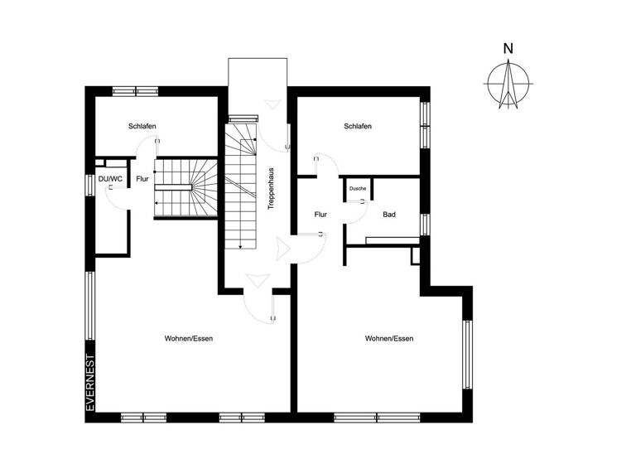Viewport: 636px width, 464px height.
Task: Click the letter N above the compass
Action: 507,48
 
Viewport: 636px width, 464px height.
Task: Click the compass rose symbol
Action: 507,85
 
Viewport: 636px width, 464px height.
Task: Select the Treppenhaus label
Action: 271,188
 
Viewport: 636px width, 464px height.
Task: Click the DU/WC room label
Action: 110,178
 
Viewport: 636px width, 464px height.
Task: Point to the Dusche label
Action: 358,189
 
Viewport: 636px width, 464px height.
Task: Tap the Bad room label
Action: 389,215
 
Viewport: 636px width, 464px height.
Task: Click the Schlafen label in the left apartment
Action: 142,126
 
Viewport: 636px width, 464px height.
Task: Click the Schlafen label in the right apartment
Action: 358,126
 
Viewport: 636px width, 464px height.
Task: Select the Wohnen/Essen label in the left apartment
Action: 189,339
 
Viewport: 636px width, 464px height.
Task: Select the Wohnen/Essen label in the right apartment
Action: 389,339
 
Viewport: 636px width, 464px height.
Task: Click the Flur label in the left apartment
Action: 142,178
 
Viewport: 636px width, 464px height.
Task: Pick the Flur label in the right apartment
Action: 321,214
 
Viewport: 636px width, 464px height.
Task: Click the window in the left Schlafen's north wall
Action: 136,91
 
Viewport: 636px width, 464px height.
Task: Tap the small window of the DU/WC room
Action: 90,183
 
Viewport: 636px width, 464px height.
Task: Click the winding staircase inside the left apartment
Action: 187,188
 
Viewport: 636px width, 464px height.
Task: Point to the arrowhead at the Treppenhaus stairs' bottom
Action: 239,246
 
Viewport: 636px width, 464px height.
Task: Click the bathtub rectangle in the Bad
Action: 393,241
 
